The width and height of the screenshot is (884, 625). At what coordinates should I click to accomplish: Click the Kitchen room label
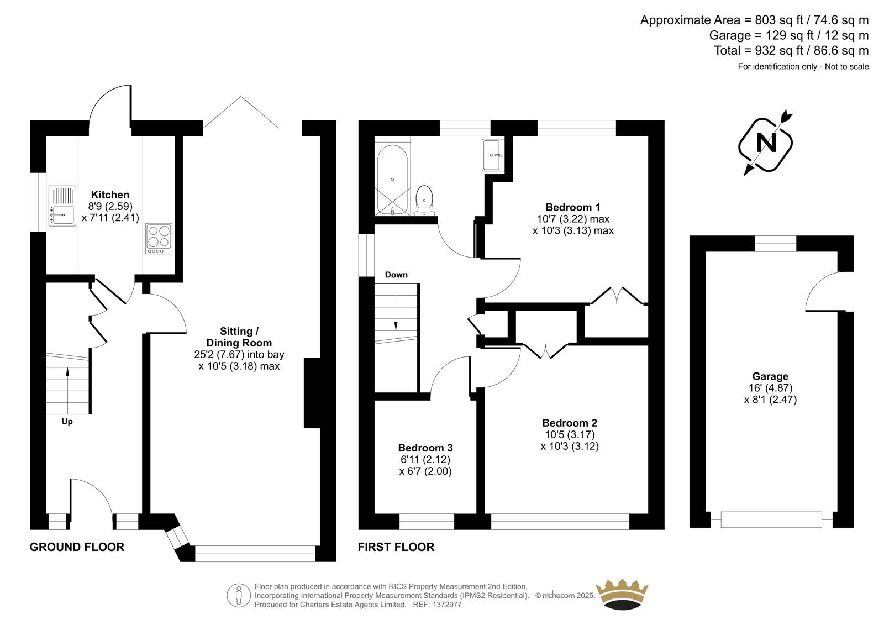(x=110, y=195)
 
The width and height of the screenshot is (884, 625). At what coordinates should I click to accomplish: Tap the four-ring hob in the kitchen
(x=159, y=239)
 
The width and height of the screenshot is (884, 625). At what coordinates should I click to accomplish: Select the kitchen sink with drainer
(x=62, y=206)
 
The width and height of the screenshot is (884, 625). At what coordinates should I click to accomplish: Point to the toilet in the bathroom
(x=424, y=201)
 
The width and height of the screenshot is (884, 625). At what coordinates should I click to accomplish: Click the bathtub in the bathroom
(x=392, y=181)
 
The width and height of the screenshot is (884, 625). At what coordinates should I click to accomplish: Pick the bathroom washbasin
(x=493, y=155)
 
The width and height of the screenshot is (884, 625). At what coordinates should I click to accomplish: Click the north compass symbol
(x=766, y=143)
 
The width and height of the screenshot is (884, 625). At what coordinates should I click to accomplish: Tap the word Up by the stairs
(x=67, y=422)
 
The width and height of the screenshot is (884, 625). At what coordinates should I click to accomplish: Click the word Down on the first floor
(x=396, y=275)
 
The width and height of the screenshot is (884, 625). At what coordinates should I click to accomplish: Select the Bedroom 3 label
(x=425, y=448)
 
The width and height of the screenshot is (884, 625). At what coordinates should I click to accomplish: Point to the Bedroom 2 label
(x=570, y=423)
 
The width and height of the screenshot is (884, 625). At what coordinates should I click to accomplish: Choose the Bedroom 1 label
(x=573, y=207)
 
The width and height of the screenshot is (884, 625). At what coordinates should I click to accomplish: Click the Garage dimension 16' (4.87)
(x=770, y=388)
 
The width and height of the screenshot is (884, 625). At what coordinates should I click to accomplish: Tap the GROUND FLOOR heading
(x=77, y=547)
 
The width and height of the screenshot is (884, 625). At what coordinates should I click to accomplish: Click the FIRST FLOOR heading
(x=396, y=547)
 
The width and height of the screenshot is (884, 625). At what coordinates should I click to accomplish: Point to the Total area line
(x=791, y=50)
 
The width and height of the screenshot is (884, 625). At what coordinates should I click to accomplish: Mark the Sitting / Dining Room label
(x=239, y=337)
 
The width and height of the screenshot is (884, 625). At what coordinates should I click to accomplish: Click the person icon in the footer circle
(x=239, y=595)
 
